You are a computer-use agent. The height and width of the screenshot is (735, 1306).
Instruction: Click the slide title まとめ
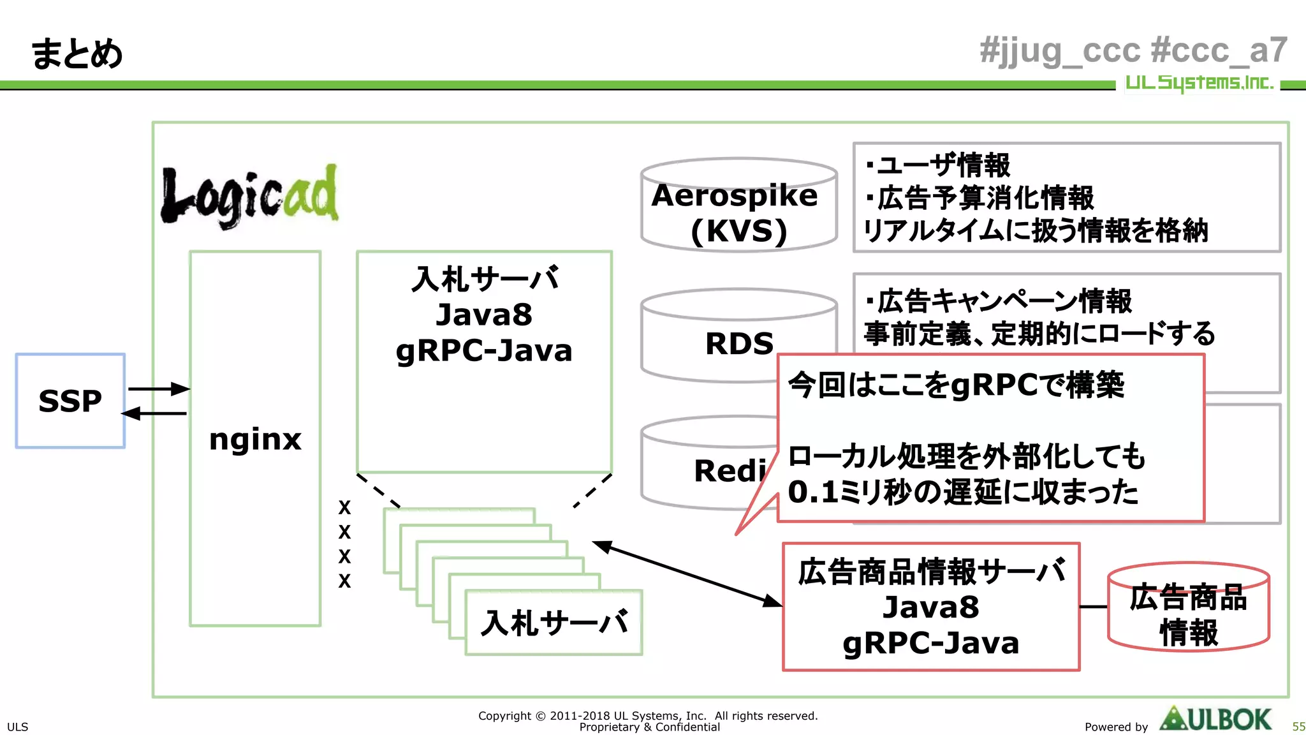[x=77, y=54]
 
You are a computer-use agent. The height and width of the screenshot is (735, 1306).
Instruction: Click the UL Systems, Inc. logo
[x=1199, y=82]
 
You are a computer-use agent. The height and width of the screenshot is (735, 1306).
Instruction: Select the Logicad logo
[x=249, y=195]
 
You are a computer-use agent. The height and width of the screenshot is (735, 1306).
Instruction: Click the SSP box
[x=70, y=401]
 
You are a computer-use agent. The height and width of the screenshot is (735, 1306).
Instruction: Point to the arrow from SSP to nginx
[x=158, y=389]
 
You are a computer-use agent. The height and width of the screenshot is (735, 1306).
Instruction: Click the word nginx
[x=255, y=439]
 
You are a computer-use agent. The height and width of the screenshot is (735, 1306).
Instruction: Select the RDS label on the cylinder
[x=738, y=344]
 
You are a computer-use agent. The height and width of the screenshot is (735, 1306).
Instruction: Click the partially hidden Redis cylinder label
[x=730, y=471]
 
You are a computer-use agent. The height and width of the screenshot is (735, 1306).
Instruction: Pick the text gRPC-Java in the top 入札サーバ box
[x=484, y=351]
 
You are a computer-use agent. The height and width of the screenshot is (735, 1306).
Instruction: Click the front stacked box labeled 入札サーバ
[x=554, y=623]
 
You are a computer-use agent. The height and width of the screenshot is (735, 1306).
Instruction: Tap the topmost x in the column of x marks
[x=344, y=508]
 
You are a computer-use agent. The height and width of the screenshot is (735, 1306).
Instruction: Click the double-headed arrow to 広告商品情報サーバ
[x=687, y=573]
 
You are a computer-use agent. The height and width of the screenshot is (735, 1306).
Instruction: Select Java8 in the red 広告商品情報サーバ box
[x=930, y=607]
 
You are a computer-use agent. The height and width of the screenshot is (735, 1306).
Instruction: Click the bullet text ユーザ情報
[x=944, y=165]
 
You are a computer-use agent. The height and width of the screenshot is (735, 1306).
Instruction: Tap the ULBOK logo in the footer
[x=1215, y=720]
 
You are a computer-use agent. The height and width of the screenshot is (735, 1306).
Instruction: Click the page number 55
[x=1298, y=727]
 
